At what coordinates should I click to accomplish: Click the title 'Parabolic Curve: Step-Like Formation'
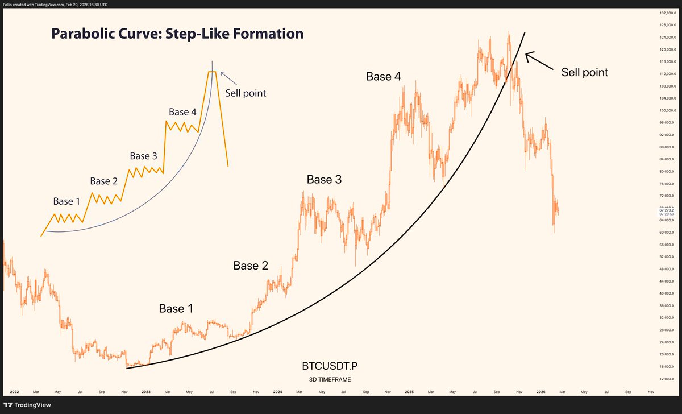coord(177,34)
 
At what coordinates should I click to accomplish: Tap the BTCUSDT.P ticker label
coord(330,366)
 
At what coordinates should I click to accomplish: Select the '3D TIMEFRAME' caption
coord(330,379)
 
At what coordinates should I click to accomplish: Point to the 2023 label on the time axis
coord(146,392)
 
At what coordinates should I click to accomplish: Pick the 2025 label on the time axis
coord(409,392)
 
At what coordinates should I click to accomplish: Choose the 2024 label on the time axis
coord(278,392)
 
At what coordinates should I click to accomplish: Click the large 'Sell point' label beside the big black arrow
coord(585,72)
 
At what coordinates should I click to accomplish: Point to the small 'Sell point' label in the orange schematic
coord(246,93)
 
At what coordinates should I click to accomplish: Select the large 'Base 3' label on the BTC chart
coord(325,180)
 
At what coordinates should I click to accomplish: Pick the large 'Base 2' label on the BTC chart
coord(251,266)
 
